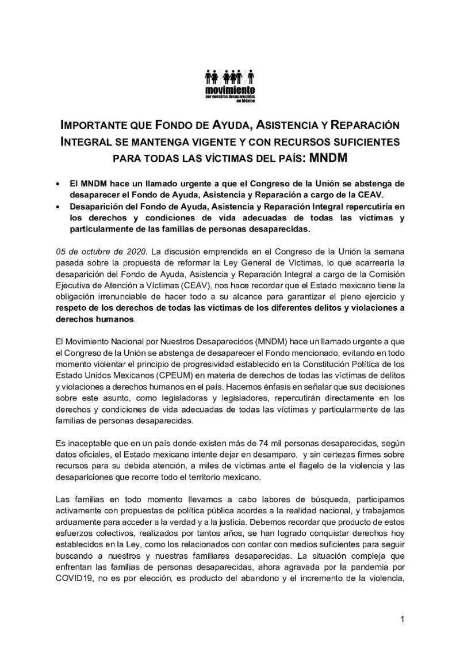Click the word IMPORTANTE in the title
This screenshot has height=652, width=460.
[98, 125]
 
